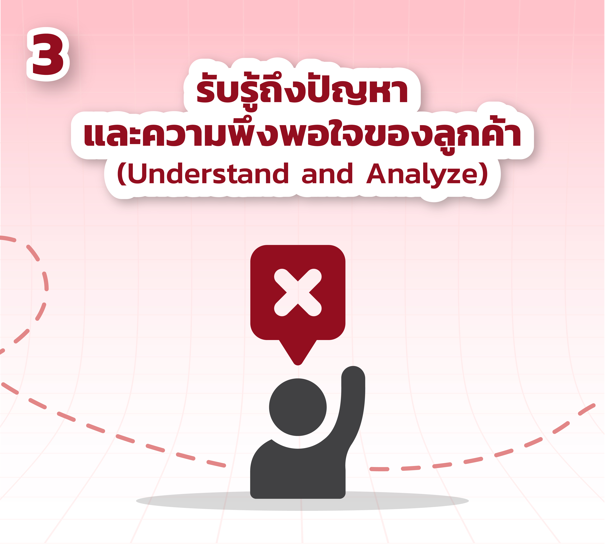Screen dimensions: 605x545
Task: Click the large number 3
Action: coord(48,54)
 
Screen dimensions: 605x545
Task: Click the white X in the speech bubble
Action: coord(298,293)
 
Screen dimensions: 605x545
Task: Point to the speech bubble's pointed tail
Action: coord(298,353)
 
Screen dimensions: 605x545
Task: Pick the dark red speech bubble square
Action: coord(298,293)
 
